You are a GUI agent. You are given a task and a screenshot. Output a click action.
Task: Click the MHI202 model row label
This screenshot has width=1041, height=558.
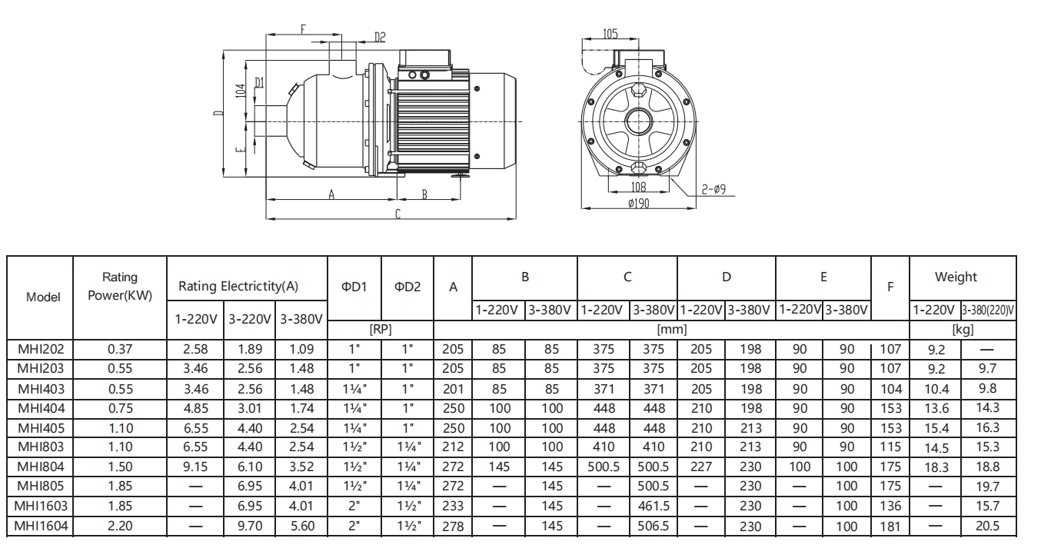click(x=40, y=348)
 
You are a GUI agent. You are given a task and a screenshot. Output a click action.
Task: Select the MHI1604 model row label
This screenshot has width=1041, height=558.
click(x=40, y=526)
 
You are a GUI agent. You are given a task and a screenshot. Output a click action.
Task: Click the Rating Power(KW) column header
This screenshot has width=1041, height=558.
click(x=120, y=286)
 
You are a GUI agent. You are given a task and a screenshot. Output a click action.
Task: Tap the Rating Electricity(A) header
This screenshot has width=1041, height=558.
click(x=238, y=286)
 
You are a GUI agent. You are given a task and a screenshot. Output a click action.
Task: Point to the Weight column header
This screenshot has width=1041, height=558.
click(x=956, y=277)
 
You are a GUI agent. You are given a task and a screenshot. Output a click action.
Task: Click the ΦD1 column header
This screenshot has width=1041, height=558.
click(x=354, y=287)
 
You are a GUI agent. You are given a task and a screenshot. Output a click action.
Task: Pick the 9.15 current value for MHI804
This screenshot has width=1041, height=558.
click(x=196, y=467)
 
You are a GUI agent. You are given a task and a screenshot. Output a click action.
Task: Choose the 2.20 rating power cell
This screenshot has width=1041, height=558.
click(x=120, y=526)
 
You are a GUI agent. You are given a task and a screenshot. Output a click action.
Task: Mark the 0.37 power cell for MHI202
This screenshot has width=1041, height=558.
click(x=120, y=348)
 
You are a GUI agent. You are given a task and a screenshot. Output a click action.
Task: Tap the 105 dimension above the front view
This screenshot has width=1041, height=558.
click(x=610, y=34)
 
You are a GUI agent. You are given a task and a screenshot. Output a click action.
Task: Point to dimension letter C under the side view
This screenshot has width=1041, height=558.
click(x=397, y=214)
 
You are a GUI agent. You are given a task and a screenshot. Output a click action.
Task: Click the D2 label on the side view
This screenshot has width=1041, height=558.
click(x=380, y=37)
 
